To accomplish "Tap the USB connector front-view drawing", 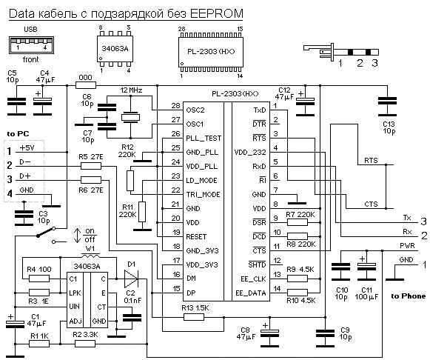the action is coord(31,45).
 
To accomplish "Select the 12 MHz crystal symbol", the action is coord(130,117).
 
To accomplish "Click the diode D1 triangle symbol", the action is coord(131,279).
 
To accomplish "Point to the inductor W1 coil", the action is coord(91,256).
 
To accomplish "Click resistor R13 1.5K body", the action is coord(194,317).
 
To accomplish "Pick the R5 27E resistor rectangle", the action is coord(91,166).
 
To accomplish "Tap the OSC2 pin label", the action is coord(195,110).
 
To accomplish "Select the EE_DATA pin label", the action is coord(251,293).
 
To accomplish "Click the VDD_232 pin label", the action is coord(250,153).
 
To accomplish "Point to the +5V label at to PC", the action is coord(27,148).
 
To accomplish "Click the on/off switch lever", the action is coord(46,232).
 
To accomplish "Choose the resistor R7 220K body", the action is coord(298,222).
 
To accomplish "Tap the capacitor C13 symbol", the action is coord(387,106).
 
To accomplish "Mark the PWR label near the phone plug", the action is coord(407,246).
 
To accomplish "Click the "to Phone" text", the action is coord(409,296).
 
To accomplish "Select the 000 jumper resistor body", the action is coord(86,85).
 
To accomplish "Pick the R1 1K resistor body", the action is coord(39,344).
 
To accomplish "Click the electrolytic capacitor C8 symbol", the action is coord(269,333).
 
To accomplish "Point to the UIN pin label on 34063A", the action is coord(74,307).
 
